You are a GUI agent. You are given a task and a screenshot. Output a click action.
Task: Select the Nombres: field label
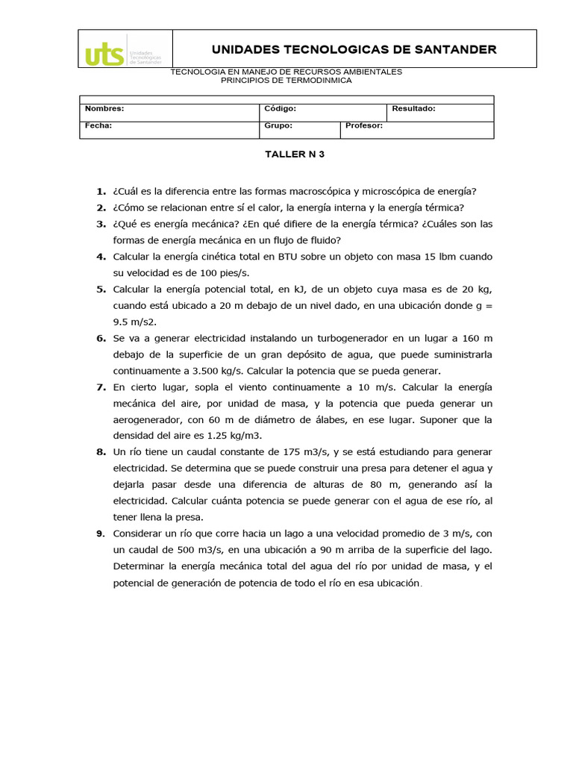[x=104, y=109]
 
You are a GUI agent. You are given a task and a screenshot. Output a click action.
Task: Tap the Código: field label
[x=281, y=109]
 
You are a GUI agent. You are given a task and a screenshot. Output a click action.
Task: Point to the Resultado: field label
[x=413, y=109]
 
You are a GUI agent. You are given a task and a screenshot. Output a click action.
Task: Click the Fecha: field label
[x=98, y=125]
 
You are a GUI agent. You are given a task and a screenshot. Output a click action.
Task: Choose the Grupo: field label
[x=278, y=125]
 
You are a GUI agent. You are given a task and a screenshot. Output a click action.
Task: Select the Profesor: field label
[x=364, y=125]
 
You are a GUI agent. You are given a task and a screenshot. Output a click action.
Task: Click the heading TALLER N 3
[x=295, y=155]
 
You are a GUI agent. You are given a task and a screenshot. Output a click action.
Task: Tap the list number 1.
[x=100, y=191]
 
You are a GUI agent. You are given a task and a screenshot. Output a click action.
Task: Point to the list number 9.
[x=100, y=534]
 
